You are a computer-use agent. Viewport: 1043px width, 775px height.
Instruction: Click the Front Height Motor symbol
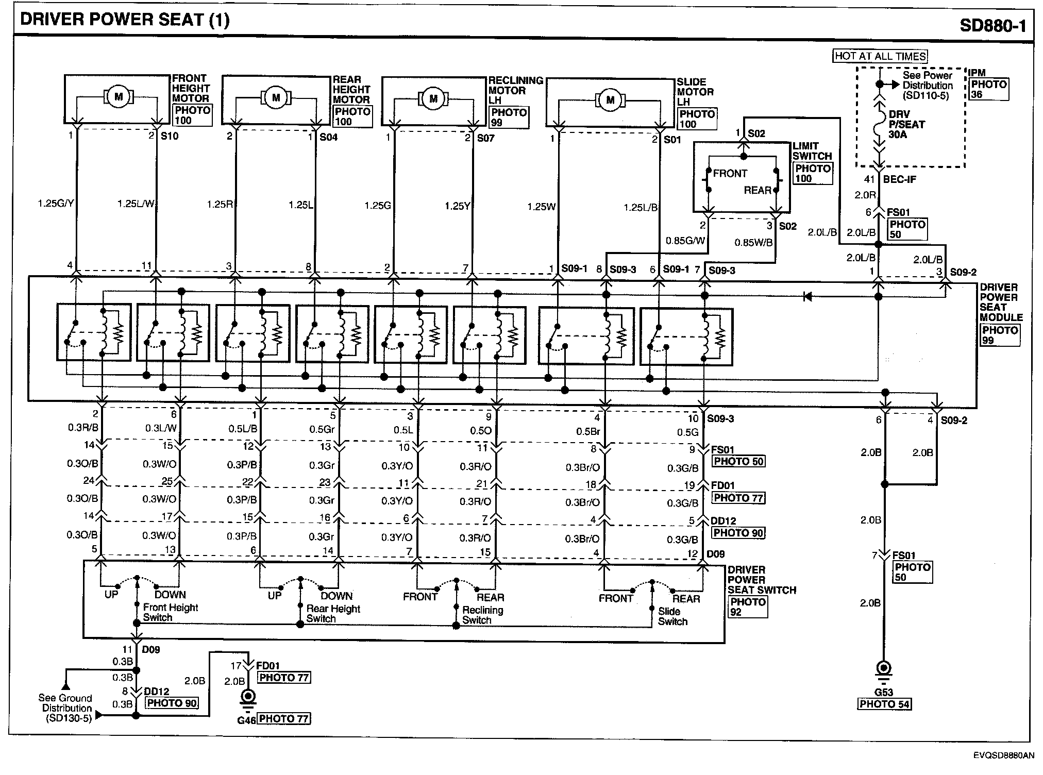pyautogui.click(x=119, y=96)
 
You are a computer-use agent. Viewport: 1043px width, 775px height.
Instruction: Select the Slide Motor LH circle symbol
pyautogui.click(x=610, y=99)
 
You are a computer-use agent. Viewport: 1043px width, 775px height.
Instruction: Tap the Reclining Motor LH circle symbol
pyautogui.click(x=433, y=98)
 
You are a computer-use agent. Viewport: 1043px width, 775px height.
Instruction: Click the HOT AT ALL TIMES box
pyautogui.click(x=880, y=56)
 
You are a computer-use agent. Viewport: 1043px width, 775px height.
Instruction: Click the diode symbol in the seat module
pyautogui.click(x=808, y=296)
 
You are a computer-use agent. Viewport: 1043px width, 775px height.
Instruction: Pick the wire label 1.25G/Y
pyautogui.click(x=56, y=204)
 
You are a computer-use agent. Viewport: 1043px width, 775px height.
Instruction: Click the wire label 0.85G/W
pyautogui.click(x=685, y=240)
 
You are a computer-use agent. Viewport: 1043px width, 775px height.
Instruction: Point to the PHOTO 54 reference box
pyautogui.click(x=884, y=704)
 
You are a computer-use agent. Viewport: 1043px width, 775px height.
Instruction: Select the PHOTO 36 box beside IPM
pyautogui.click(x=988, y=89)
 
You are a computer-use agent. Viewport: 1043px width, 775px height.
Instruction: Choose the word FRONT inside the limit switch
pyautogui.click(x=730, y=174)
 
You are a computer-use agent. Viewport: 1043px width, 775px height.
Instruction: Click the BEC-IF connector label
pyautogui.click(x=899, y=179)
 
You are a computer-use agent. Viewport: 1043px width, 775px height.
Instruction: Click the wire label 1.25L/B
pyautogui.click(x=641, y=208)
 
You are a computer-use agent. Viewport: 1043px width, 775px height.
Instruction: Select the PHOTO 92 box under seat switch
pyautogui.click(x=748, y=607)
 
